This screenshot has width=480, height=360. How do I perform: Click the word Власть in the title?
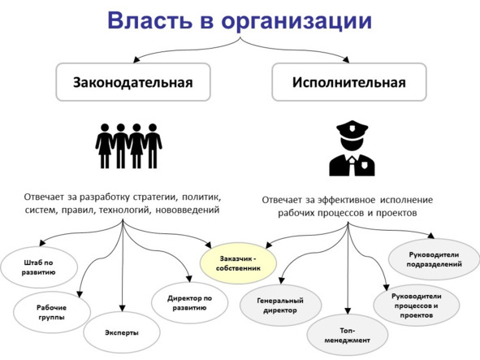tap(149, 20)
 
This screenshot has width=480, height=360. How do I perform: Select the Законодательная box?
tap(133, 82)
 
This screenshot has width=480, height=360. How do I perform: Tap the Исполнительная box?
tap(349, 82)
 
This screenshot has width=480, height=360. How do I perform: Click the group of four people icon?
tap(128, 145)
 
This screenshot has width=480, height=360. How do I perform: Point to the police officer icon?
tap(352, 148)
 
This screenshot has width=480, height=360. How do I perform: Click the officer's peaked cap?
tap(352, 129)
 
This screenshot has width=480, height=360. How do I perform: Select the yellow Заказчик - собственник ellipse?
tap(238, 263)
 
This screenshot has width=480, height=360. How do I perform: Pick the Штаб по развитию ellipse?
tap(39, 267)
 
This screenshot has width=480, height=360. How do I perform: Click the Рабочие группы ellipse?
tap(52, 312)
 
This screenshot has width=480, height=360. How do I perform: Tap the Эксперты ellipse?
tap(122, 332)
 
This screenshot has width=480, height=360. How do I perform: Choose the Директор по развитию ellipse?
tap(189, 302)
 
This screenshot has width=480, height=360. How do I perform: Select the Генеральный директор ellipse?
tap(280, 306)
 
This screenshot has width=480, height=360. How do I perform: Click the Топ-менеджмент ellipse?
tap(348, 335)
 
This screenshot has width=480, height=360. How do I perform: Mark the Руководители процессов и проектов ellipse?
tap(417, 306)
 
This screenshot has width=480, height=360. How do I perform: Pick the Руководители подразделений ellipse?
tap(434, 259)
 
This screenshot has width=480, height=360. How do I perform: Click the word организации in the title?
tap(296, 22)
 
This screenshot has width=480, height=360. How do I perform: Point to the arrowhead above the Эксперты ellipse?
tap(122, 308)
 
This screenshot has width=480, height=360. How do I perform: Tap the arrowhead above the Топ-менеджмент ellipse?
tap(348, 310)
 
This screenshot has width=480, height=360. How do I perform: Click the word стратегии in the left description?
tap(155, 197)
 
